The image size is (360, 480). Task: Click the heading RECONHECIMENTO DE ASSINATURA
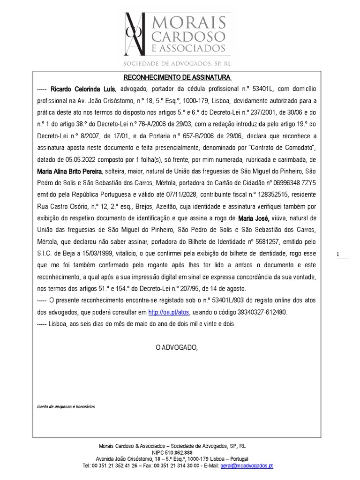click(x=177, y=77)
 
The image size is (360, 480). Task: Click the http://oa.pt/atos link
click(x=162, y=312)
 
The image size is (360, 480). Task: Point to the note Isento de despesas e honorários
click(x=66, y=406)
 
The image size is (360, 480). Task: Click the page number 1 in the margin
click(x=338, y=255)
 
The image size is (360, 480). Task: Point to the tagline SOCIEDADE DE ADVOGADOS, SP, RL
click(x=177, y=63)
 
